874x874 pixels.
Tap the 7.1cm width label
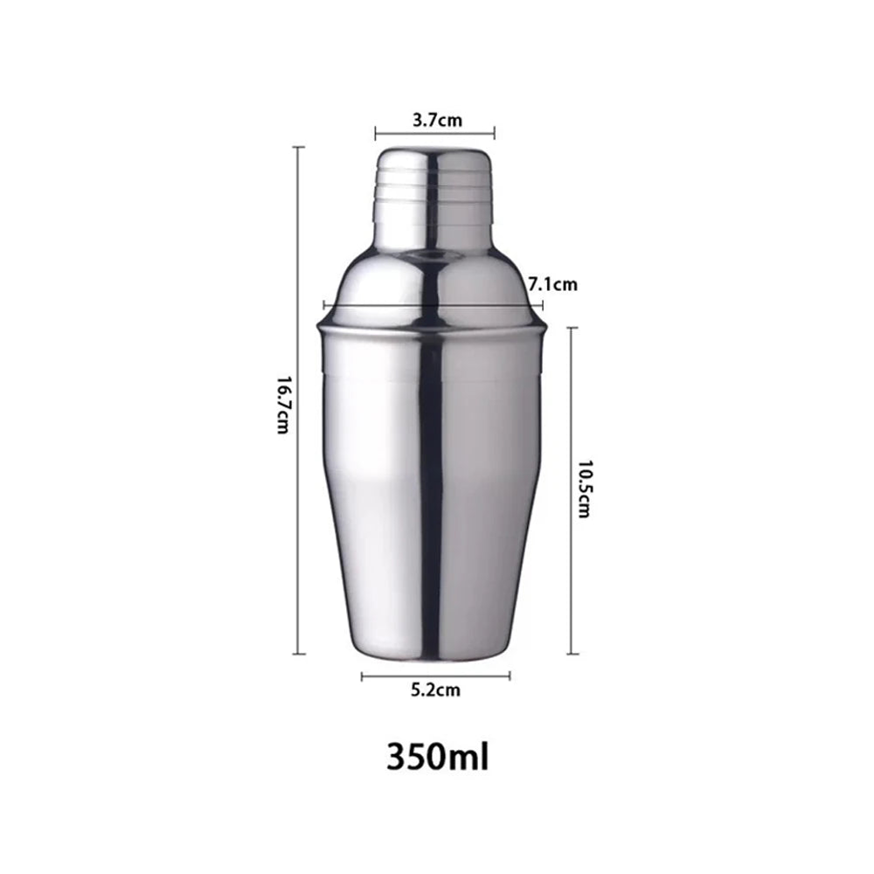tap(553, 284)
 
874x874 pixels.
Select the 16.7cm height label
tap(281, 403)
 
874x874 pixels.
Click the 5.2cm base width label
tap(435, 690)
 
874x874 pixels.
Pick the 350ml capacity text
tap(438, 754)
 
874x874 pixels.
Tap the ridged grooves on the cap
tap(434, 194)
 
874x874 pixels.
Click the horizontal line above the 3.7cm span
tap(434, 134)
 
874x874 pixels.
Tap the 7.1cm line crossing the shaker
tap(434, 305)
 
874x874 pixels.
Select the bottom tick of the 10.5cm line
tap(572, 653)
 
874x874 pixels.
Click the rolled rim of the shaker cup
tap(434, 327)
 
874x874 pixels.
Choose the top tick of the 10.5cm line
tap(572, 328)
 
